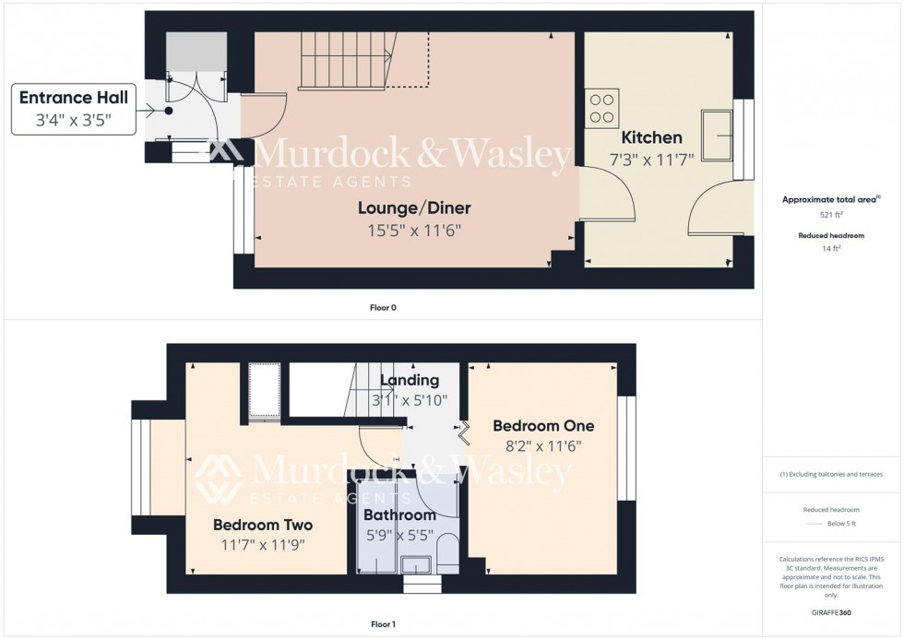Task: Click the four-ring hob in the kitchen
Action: point(602,107)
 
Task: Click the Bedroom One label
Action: point(543,426)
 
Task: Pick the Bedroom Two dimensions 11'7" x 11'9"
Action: point(263,544)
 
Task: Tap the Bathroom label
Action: point(398,515)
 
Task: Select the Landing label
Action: point(410,380)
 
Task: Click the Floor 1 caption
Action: point(382,624)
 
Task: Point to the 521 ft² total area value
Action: point(832,214)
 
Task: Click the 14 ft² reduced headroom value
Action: point(832,249)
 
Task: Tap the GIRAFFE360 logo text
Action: point(832,611)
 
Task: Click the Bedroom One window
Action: point(626,448)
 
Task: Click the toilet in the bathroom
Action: point(446,550)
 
